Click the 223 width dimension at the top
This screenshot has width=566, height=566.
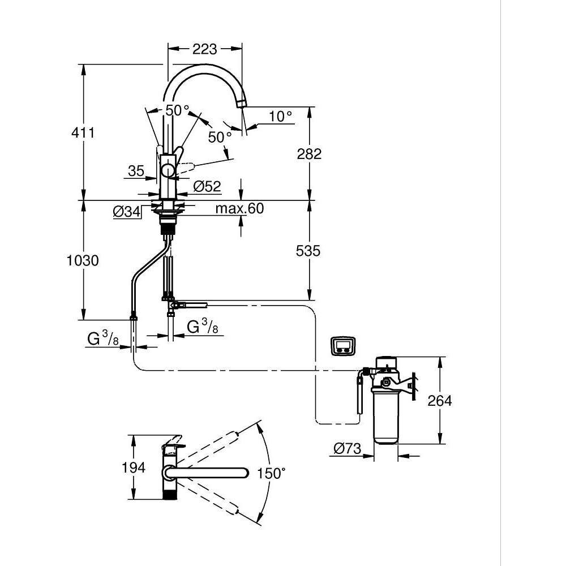tap(204, 49)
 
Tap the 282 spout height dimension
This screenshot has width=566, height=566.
tap(310, 153)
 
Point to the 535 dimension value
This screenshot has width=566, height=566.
tap(308, 251)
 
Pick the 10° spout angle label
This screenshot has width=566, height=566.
tap(281, 116)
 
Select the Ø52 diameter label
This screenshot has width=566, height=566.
tap(207, 186)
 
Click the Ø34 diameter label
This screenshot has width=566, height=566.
tap(126, 212)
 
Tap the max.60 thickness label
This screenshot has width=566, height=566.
tap(239, 209)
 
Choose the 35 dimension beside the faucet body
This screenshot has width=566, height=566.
tap(136, 171)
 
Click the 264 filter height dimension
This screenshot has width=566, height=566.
tap(440, 401)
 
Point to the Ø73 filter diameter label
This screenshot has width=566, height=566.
tap(346, 449)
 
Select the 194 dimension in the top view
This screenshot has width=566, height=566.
tap(134, 468)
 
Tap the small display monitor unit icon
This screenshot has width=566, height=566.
tap(343, 345)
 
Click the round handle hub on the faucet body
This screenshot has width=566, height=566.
tap(169, 170)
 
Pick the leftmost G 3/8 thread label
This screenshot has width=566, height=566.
tap(102, 339)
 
